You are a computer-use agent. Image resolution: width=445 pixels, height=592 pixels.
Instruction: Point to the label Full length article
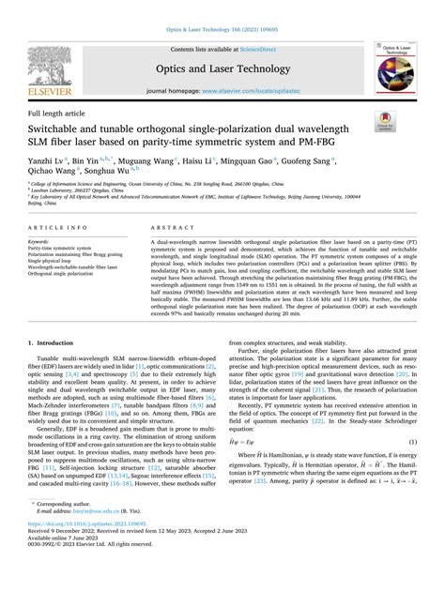tap(58, 113)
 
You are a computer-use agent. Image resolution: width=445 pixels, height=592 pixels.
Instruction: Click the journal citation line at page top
tap(222, 30)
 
